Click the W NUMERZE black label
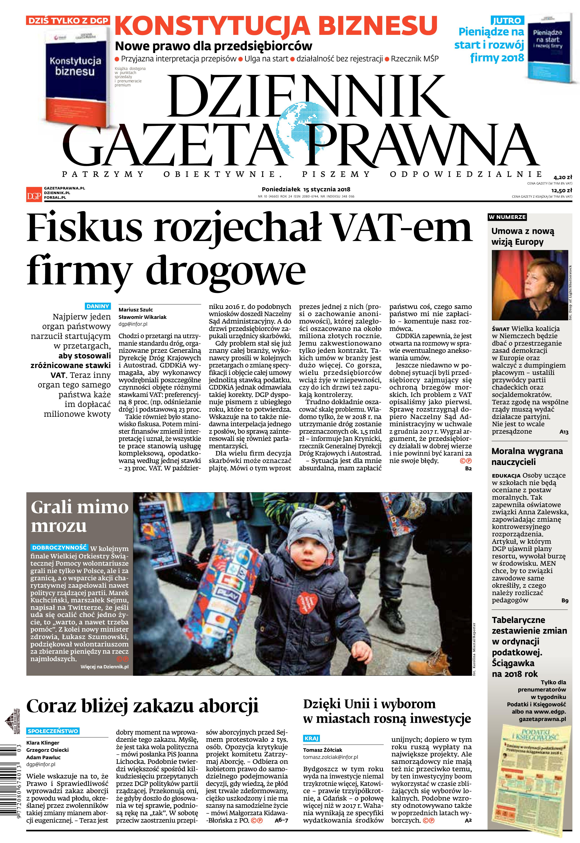point(507,217)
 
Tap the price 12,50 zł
point(561,190)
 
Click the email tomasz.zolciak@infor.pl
point(330,757)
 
